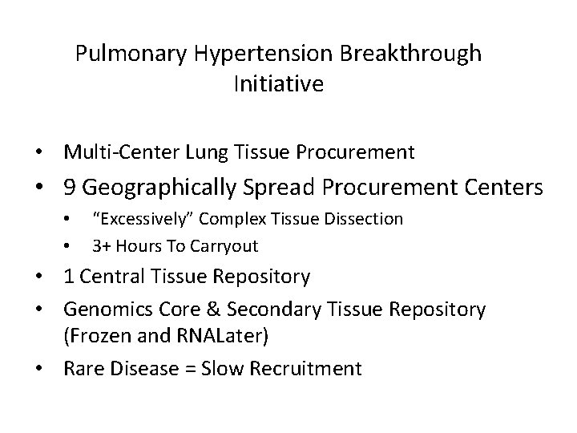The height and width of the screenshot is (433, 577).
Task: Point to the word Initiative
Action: [278, 84]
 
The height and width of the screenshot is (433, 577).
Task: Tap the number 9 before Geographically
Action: [70, 188]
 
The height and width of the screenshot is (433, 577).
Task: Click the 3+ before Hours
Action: [101, 244]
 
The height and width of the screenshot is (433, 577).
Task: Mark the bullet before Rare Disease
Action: [50, 368]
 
